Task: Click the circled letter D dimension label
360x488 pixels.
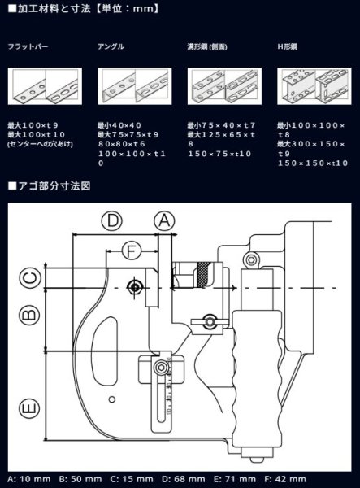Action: (113, 220)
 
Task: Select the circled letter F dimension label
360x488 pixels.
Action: (131, 251)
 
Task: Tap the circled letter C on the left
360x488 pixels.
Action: (29, 277)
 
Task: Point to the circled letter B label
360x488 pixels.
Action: (29, 313)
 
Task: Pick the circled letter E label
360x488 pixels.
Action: (29, 407)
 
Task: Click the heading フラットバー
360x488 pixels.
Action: (28, 47)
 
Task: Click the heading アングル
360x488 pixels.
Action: (111, 47)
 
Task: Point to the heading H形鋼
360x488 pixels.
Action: (288, 47)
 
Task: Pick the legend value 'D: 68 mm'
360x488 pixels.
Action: (183, 478)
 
